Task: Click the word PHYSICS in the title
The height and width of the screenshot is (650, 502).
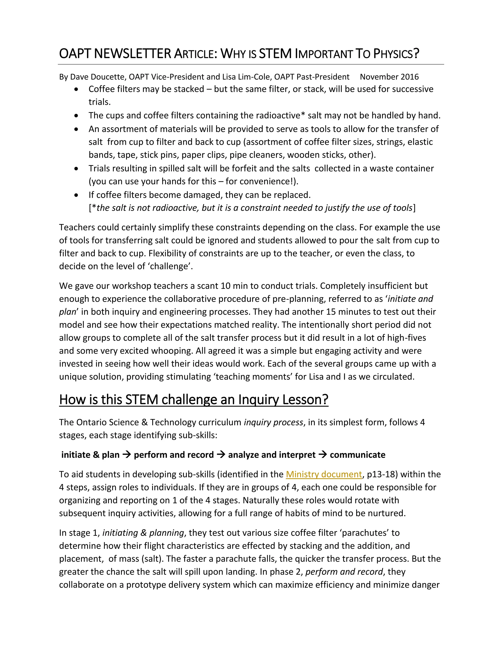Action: click(x=396, y=54)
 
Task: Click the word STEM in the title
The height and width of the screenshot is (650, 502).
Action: click(x=275, y=54)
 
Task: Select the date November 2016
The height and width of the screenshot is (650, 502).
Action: click(x=389, y=77)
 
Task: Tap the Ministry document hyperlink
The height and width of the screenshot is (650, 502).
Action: click(x=324, y=474)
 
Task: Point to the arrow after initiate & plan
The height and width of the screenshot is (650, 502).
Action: click(x=127, y=455)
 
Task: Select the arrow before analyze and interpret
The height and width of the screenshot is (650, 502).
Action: click(x=221, y=455)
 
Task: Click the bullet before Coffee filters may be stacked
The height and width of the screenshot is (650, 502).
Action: click(x=77, y=89)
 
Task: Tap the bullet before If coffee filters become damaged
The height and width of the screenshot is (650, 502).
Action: click(x=77, y=195)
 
